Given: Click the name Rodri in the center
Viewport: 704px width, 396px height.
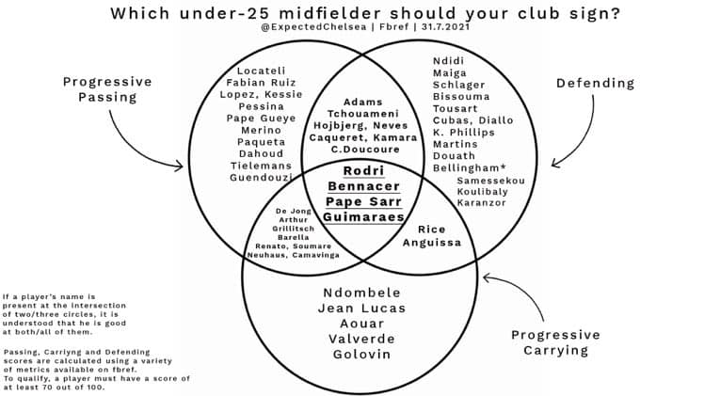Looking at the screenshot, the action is pyautogui.click(x=363, y=171).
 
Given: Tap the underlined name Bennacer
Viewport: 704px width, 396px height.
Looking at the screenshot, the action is pyautogui.click(x=363, y=186).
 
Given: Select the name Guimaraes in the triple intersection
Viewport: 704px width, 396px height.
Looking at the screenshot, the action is pyautogui.click(x=363, y=217).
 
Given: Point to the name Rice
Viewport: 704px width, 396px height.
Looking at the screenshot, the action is pyautogui.click(x=431, y=230).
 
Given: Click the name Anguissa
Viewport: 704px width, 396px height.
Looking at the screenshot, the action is pyautogui.click(x=431, y=243).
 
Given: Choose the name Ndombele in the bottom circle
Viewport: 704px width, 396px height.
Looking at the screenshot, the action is pyautogui.click(x=361, y=293).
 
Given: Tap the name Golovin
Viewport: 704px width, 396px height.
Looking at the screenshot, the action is pyautogui.click(x=361, y=355).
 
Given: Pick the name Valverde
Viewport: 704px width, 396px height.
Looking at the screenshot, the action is pyautogui.click(x=361, y=339).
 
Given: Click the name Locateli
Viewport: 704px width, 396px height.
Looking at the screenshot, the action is pyautogui.click(x=262, y=71).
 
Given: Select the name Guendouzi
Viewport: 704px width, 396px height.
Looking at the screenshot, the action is pyautogui.click(x=261, y=178).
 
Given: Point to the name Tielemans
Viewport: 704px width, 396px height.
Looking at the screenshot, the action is pyautogui.click(x=261, y=166).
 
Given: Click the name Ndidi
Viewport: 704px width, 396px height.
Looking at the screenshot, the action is pyautogui.click(x=449, y=61).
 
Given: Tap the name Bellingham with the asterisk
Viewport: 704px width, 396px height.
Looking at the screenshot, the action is pyautogui.click(x=470, y=168).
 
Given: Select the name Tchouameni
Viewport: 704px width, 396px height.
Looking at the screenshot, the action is pyautogui.click(x=362, y=114).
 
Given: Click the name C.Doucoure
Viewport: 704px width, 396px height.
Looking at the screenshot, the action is pyautogui.click(x=365, y=150).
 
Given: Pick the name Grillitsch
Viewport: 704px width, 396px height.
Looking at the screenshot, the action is pyautogui.click(x=294, y=229).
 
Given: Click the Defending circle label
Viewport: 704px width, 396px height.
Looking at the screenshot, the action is pyautogui.click(x=596, y=84).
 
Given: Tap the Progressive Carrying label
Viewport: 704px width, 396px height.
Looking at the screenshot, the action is pyautogui.click(x=556, y=342).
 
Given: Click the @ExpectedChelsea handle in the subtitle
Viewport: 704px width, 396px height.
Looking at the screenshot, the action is pyautogui.click(x=313, y=27).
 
